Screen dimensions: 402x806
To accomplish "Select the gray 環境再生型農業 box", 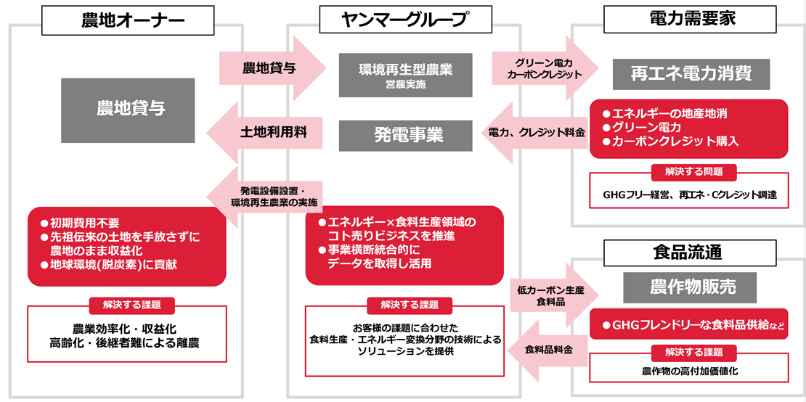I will click(405, 75).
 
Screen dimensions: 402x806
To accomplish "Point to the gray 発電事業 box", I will click(405, 135).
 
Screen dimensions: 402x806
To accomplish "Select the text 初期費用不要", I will click(84, 223).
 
